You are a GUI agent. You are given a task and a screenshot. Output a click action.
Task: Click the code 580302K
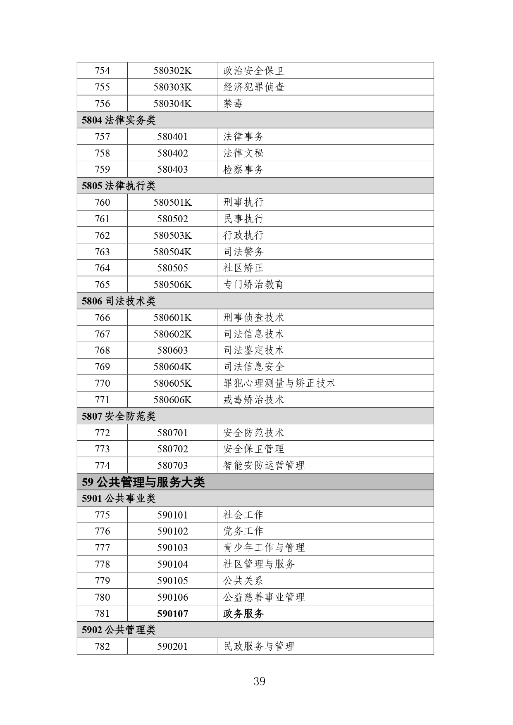(x=172, y=71)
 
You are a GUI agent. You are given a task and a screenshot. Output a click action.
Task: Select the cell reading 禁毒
(x=233, y=104)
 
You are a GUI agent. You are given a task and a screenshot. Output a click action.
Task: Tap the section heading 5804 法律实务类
(x=119, y=120)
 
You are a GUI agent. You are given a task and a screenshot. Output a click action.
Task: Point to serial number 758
(x=102, y=153)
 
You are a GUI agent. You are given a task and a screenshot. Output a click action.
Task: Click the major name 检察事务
(x=243, y=169)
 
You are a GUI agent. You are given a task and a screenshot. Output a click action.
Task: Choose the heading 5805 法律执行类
(x=119, y=186)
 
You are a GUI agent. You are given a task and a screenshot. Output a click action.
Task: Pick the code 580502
(x=172, y=219)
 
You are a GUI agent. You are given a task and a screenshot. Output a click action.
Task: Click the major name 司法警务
(x=243, y=252)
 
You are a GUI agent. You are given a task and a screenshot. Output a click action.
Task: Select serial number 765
(x=102, y=285)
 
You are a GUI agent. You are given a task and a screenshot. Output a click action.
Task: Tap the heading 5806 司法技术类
(x=119, y=301)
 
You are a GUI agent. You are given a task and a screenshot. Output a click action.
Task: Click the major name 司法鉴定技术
(x=253, y=350)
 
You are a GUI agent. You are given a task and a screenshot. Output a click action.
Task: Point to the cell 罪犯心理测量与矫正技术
(x=279, y=383)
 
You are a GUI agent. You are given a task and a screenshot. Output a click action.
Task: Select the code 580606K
(x=172, y=400)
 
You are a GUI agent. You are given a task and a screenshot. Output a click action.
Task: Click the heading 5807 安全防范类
(x=119, y=416)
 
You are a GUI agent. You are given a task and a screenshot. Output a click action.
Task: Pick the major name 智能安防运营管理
(x=264, y=466)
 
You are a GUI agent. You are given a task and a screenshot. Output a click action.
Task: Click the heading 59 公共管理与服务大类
(x=143, y=482)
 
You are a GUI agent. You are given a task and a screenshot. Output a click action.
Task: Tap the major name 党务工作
(x=243, y=531)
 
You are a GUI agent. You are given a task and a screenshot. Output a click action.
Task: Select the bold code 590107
(x=172, y=614)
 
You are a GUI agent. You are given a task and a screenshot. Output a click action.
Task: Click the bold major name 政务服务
(x=243, y=614)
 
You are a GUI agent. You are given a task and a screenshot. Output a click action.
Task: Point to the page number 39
(x=259, y=681)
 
